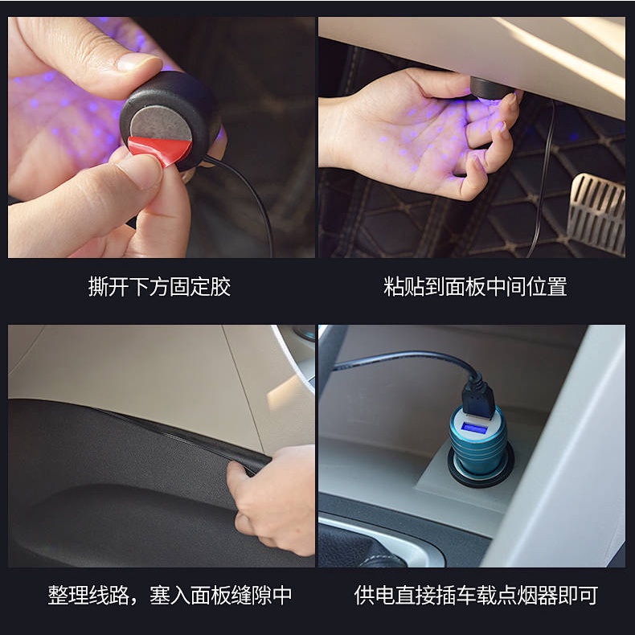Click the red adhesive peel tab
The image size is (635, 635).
click(162, 150)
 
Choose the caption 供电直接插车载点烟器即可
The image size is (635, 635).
click(476, 596)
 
